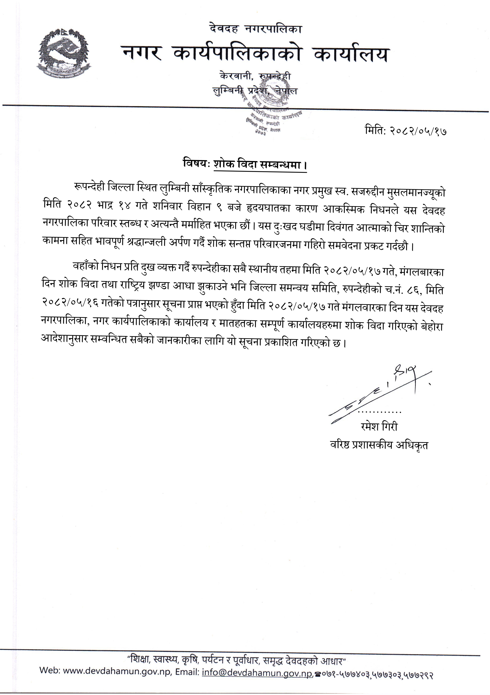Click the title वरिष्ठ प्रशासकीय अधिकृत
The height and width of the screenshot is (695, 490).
tap(379, 445)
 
